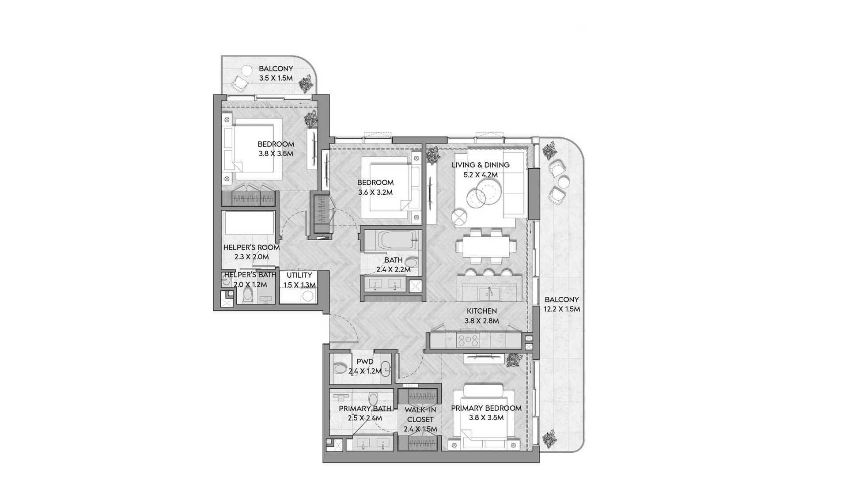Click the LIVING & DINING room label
click(481, 165)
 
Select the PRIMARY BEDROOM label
click(486, 408)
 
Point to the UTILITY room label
click(299, 275)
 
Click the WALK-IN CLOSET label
click(421, 415)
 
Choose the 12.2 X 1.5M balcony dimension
click(562, 309)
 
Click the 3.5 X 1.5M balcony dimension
click(276, 78)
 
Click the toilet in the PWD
click(340, 368)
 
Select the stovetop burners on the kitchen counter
click(468, 341)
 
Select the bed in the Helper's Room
click(249, 223)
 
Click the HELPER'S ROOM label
click(251, 247)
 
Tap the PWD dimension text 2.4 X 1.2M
click(365, 371)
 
